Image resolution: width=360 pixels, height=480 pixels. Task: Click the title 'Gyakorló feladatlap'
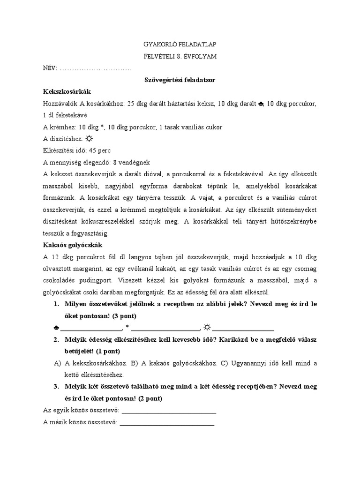(x=180, y=44)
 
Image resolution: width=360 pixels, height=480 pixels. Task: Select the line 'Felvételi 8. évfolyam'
(x=180, y=56)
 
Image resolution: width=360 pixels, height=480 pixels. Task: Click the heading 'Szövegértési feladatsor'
(x=180, y=80)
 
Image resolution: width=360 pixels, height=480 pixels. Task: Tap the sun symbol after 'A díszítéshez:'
(x=89, y=139)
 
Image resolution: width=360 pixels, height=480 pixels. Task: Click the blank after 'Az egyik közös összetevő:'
(x=168, y=411)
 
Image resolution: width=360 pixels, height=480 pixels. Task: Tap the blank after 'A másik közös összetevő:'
(x=167, y=422)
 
